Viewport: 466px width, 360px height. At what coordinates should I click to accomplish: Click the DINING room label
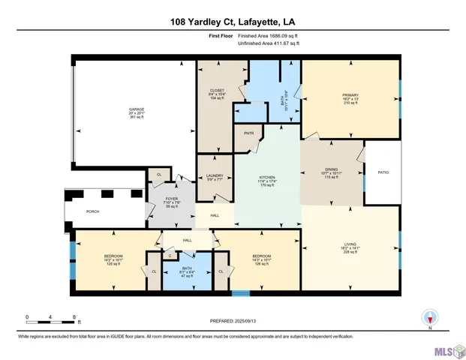click(x=332, y=169)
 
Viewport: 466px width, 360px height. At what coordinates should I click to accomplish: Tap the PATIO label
click(x=383, y=172)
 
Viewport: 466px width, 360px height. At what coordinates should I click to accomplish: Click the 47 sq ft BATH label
click(x=188, y=271)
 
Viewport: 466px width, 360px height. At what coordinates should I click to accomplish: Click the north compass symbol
click(x=429, y=318)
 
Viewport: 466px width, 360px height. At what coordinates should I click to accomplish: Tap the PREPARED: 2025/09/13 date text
click(x=233, y=320)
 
